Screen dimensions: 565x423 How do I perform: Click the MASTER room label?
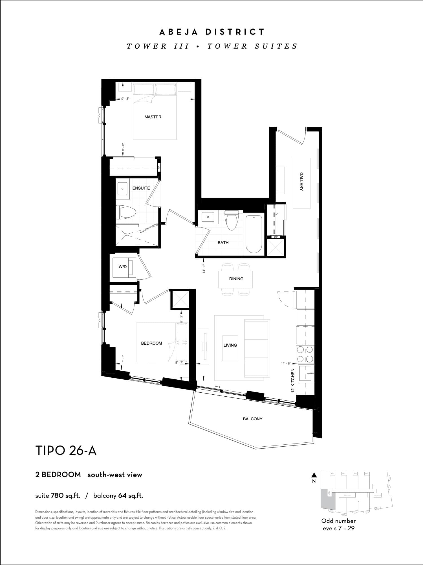(x=153, y=117)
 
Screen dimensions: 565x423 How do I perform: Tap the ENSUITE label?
(x=141, y=188)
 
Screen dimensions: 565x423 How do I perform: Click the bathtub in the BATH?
(x=254, y=234)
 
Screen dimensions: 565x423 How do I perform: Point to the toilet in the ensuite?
(x=126, y=212)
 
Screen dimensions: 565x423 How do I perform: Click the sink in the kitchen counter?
(x=306, y=373)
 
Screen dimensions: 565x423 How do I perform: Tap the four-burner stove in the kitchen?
(x=305, y=354)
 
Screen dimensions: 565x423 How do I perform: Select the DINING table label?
(x=236, y=279)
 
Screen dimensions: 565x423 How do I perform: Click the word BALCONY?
(x=253, y=419)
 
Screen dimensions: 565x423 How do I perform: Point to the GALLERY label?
(x=301, y=182)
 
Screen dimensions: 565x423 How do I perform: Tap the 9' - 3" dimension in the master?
(x=125, y=99)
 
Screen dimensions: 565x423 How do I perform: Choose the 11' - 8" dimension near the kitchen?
(x=286, y=364)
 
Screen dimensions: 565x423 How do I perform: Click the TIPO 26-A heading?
(x=66, y=451)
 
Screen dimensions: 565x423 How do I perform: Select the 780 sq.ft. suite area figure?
(x=65, y=496)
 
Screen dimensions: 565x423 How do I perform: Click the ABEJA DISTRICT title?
(x=212, y=32)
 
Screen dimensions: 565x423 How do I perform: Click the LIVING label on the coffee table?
(x=230, y=345)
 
